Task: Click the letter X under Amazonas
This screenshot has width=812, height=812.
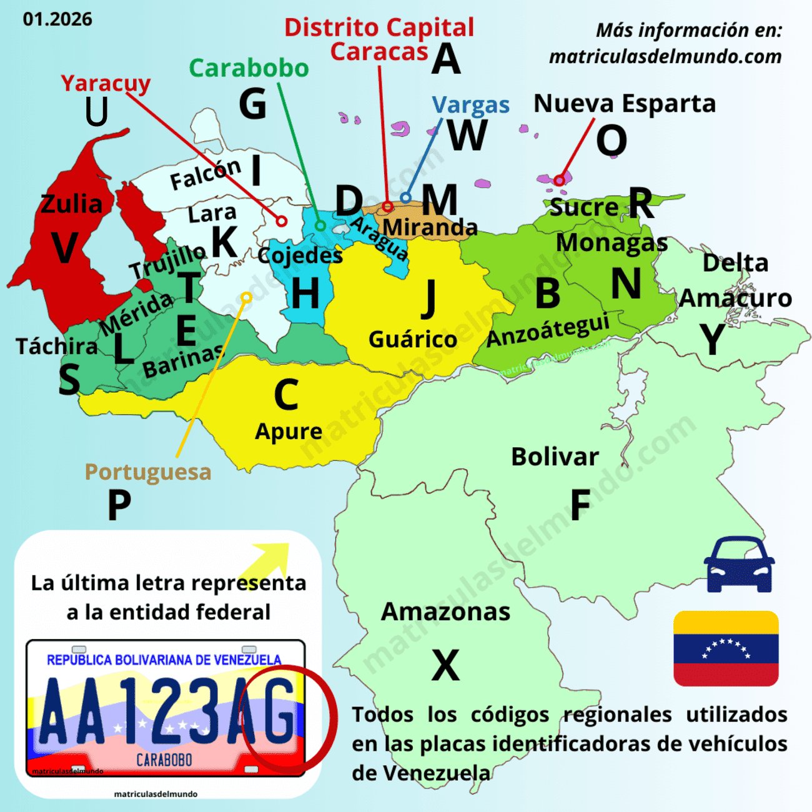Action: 445,665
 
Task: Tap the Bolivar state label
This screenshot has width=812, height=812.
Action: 555,457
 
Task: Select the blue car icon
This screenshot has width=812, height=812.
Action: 739,564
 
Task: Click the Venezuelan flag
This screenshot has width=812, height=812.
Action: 726,648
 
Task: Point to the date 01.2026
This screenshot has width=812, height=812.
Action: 57,19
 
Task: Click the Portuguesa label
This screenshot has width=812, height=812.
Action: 148,472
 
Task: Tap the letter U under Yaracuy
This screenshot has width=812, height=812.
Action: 97,113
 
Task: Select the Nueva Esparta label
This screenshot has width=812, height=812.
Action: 624,104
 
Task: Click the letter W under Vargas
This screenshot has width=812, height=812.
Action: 467,134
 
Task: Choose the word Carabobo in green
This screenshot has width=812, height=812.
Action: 249,68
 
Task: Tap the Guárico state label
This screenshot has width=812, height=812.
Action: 413,340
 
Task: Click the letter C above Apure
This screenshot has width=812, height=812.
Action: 286,395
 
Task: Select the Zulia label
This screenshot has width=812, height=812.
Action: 71,204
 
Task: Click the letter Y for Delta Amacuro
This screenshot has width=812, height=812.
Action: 712,340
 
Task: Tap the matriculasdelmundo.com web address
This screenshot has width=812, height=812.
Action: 665,57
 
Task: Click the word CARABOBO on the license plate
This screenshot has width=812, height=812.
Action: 164,760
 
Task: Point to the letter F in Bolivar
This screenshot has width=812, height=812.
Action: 580,505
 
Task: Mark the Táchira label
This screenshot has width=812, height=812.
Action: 57,346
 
